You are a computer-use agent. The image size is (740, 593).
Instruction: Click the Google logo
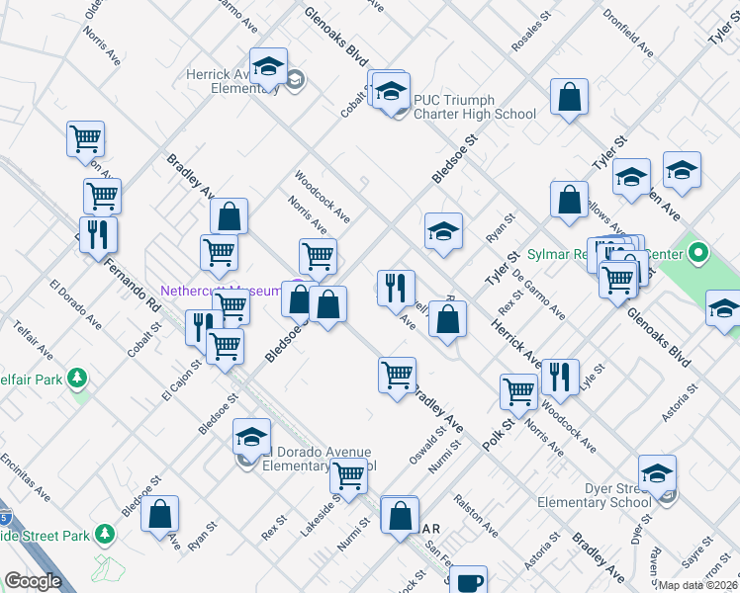34,581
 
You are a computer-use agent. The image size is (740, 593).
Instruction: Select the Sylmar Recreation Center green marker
698,254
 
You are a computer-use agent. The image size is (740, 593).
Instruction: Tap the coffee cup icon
468,581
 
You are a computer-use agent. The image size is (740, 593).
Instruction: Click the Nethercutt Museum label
222,292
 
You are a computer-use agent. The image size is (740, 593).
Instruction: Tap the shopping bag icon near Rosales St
570,98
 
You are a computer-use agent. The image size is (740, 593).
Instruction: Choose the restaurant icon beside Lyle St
560,376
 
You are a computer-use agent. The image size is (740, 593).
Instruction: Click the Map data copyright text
698,585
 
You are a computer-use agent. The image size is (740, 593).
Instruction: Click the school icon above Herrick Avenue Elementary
268,67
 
